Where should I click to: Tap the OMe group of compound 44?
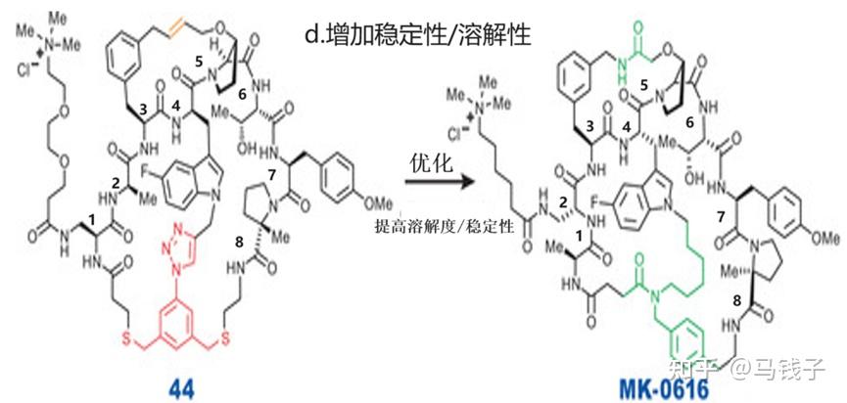coord(381,201)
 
